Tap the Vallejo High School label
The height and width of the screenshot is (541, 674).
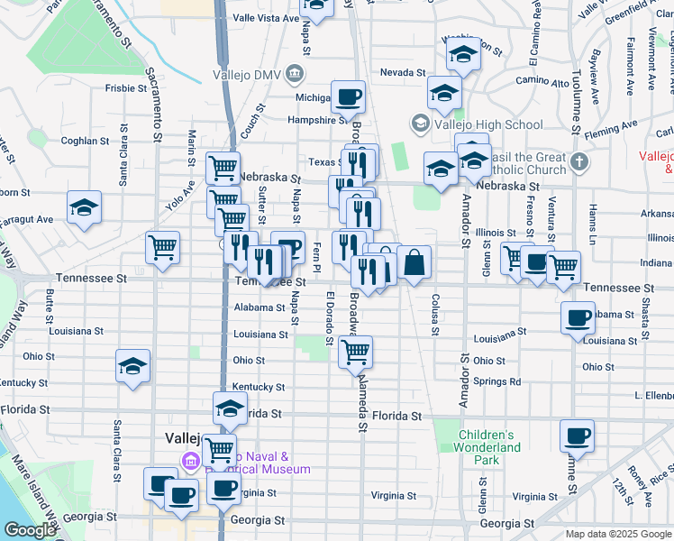click(x=487, y=124)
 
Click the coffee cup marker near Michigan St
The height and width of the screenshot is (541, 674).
click(x=348, y=96)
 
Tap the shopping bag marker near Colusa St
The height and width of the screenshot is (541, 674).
click(x=414, y=263)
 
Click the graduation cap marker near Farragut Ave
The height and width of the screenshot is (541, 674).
click(x=84, y=207)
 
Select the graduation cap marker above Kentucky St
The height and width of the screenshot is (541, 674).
click(x=133, y=366)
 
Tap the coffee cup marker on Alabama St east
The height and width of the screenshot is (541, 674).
click(x=577, y=317)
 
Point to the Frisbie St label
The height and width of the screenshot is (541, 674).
click(x=125, y=88)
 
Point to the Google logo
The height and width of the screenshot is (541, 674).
click(x=30, y=529)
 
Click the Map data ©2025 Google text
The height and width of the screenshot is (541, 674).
click(x=617, y=534)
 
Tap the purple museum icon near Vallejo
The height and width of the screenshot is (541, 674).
click(x=190, y=463)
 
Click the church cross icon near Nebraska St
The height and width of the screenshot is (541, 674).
click(x=578, y=163)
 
